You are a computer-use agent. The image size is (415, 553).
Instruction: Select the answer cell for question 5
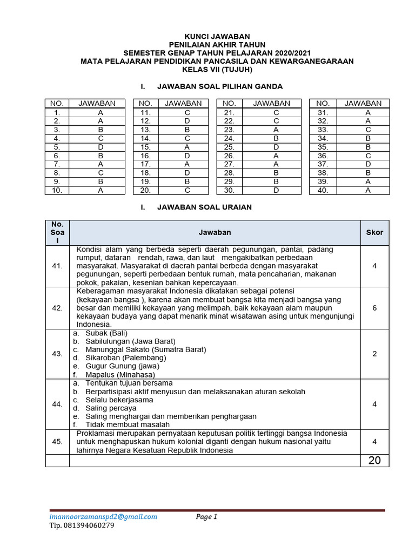point(101,147)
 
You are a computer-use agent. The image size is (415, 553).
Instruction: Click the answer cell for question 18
point(187,173)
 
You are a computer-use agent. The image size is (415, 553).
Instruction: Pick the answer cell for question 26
point(276,156)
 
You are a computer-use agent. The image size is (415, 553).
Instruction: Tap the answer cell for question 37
point(368,164)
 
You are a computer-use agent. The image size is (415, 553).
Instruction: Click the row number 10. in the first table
point(57,191)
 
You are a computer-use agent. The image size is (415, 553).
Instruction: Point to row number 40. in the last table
point(323,191)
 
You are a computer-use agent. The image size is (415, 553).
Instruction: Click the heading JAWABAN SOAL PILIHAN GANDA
point(219,86)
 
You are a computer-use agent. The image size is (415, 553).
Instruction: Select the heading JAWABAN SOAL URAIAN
point(204,207)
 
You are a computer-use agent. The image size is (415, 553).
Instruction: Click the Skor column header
point(374,232)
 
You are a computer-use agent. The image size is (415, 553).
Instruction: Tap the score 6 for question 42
point(374,308)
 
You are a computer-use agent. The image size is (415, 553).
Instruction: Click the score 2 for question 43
point(374,354)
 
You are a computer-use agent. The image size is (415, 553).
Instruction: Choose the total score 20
point(374,460)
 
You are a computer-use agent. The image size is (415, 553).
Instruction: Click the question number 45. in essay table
point(57,442)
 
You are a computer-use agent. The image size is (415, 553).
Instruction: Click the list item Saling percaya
point(107,408)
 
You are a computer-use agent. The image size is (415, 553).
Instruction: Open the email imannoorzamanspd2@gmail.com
point(103,517)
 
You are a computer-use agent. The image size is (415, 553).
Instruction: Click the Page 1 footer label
point(206,517)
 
